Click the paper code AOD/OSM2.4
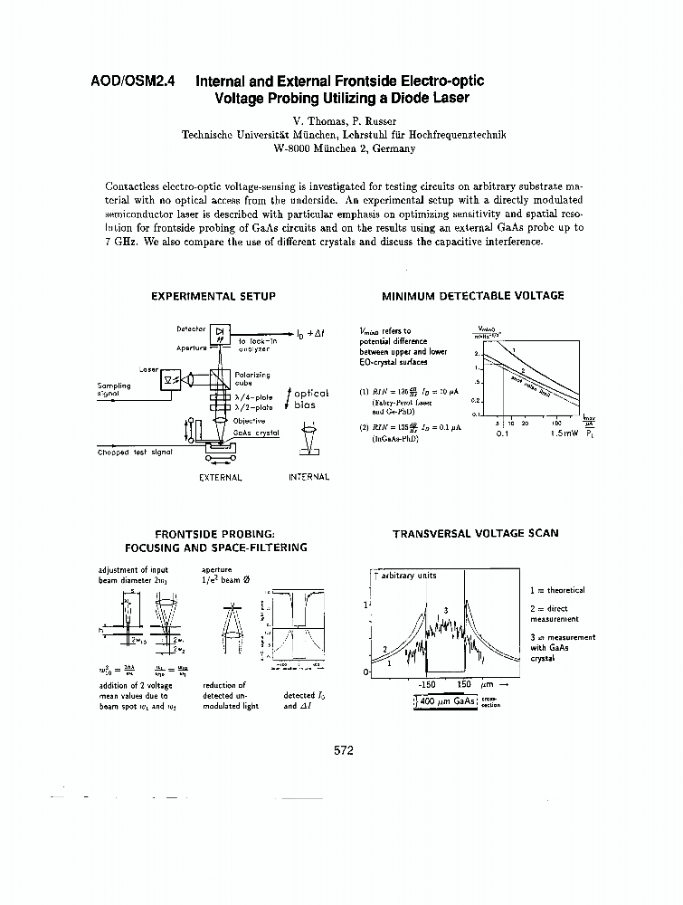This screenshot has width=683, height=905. coord(133,81)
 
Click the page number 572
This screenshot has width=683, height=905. coord(343,750)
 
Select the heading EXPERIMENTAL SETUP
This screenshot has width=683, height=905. coord(213,296)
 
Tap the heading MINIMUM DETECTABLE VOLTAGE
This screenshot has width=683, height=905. coord(472,296)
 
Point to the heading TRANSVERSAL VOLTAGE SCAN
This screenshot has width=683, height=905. coord(475,533)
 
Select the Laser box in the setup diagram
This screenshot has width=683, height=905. coord(169,381)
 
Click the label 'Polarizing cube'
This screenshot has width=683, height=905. coord(251,378)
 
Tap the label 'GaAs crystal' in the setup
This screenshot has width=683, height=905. coord(256,433)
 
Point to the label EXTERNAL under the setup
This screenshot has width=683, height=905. coord(220,477)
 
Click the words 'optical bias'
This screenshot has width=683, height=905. coord(311,399)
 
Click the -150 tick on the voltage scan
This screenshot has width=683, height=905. coord(427,685)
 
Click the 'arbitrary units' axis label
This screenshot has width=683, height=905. coord(408,576)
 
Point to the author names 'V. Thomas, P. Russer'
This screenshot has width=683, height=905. coord(343,120)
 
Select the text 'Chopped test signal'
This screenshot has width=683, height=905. coord(135,452)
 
